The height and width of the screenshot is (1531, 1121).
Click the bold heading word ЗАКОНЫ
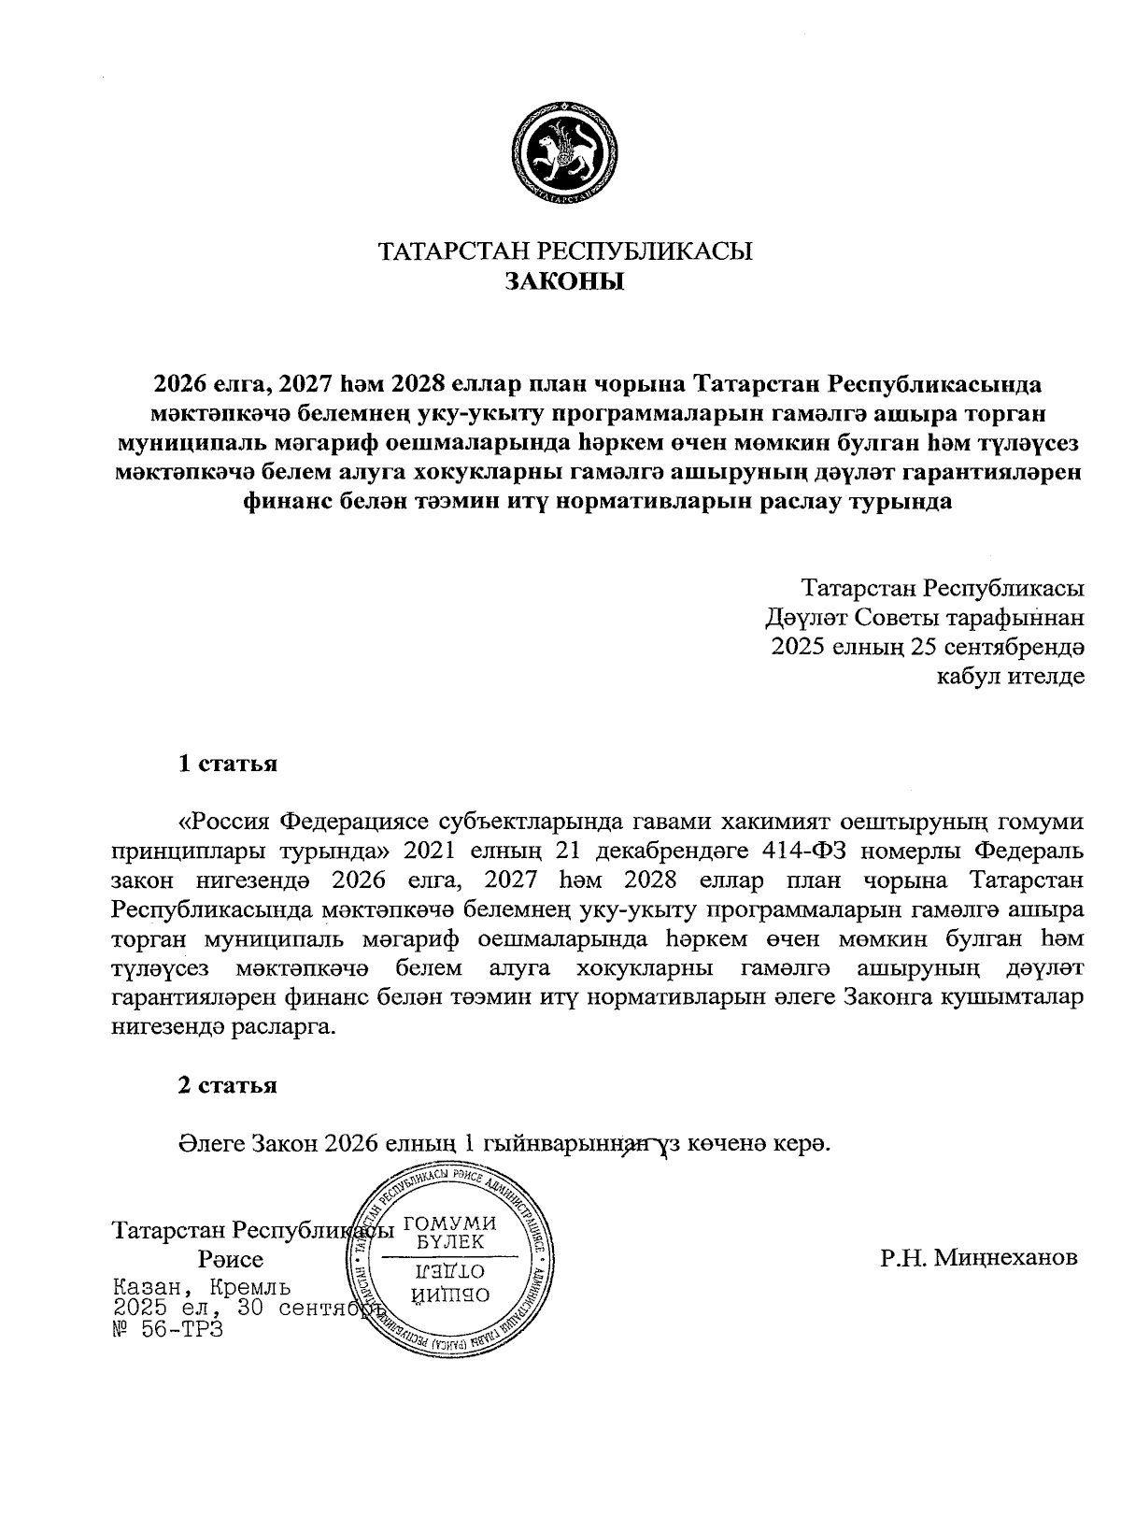(x=564, y=281)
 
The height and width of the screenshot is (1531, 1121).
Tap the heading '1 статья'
(x=228, y=764)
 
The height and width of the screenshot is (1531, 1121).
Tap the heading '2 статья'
(x=228, y=1085)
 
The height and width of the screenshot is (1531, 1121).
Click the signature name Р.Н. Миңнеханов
(x=978, y=1257)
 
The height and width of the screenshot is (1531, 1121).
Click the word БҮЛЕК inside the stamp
(x=449, y=1243)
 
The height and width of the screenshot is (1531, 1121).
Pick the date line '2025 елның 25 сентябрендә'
(x=928, y=647)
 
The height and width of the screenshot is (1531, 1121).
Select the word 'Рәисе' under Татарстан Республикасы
(x=230, y=1259)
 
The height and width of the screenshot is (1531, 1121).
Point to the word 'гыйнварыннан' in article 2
(x=566, y=1144)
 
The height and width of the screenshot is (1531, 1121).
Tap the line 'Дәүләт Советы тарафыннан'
(x=924, y=618)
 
